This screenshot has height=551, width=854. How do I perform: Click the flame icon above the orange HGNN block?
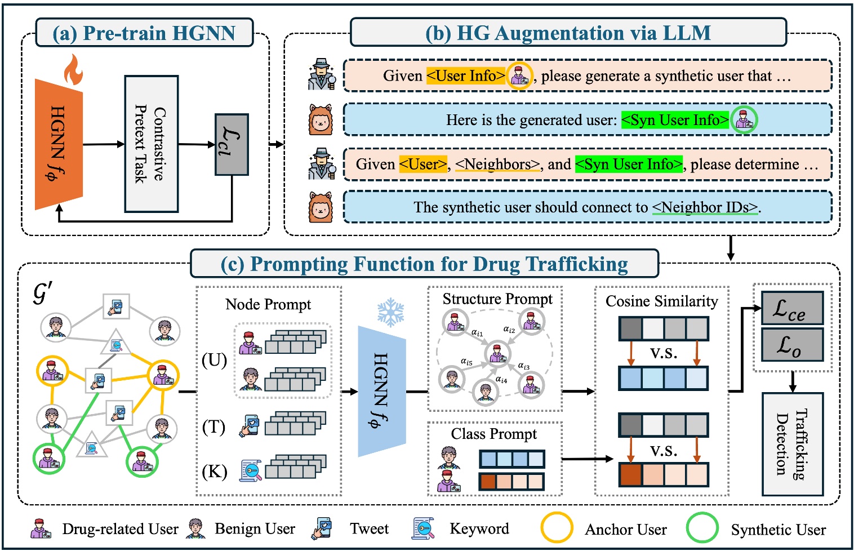[x=73, y=69]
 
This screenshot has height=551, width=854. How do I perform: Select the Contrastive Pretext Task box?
[x=151, y=144]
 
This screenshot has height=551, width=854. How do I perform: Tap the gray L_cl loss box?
[x=232, y=144]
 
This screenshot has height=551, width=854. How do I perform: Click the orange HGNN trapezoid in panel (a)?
[x=59, y=144]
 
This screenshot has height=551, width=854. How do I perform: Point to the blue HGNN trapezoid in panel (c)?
[x=382, y=391]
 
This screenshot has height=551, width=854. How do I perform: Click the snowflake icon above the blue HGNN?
[x=390, y=312]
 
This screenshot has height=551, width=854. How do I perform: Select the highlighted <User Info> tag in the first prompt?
[x=465, y=75]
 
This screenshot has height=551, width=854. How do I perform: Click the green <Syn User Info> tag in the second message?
[x=675, y=120]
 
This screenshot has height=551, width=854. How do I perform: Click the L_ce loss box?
[x=792, y=308]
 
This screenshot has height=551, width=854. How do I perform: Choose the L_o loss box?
[x=792, y=344]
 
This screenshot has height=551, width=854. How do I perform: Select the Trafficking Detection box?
[x=792, y=444]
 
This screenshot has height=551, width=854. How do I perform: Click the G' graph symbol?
[x=42, y=293]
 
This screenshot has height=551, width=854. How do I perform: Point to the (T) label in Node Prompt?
[x=213, y=427]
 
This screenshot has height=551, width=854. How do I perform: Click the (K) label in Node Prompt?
[x=214, y=471]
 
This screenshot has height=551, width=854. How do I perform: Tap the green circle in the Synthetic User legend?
[x=702, y=528]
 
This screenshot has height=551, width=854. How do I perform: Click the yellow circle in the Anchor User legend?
[x=557, y=528]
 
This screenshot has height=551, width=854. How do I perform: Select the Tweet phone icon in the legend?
[x=322, y=528]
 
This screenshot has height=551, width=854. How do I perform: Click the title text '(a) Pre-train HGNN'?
[x=144, y=33]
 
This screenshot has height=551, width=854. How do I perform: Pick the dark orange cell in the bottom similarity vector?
[x=630, y=475]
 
